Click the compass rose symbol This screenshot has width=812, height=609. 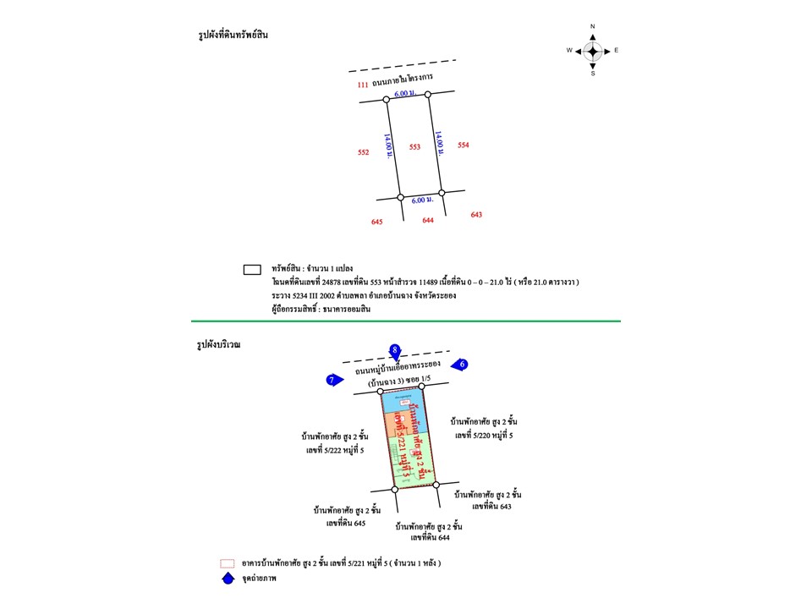coord(593,51)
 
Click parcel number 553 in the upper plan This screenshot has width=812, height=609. coord(414,147)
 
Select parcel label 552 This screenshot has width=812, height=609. coord(363,153)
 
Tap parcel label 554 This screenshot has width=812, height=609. coord(464,145)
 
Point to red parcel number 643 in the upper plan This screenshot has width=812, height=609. coord(476,215)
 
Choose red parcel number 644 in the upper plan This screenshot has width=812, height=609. coord(428,220)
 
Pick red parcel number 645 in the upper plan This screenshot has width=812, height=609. coord(377,222)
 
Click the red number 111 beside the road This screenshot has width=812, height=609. coord(363,85)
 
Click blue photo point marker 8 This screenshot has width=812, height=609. coord(394,350)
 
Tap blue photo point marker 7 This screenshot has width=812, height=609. coord(333,381)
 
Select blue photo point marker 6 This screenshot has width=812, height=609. coord(459,365)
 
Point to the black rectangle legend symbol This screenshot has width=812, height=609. coord(251,270)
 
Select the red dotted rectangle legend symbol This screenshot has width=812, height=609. coord(227,563)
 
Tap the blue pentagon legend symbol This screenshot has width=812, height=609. coord(227,579)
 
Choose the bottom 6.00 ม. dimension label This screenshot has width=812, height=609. coord(422,200)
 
